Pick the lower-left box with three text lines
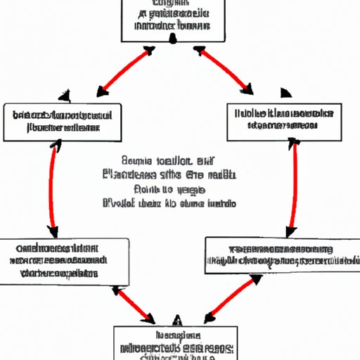[65, 261]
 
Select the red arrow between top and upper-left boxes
[125, 72]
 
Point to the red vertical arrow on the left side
[52, 186]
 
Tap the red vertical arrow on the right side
[292, 186]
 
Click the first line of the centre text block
[169, 161]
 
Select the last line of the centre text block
[169, 203]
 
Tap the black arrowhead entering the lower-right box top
[288, 231]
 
